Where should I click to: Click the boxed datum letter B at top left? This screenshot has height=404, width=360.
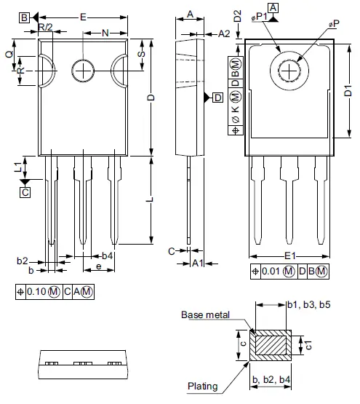pyautogui.click(x=24, y=17)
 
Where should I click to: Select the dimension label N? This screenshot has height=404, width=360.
pyautogui.click(x=106, y=33)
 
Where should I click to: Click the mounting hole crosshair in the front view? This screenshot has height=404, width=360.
pyautogui.click(x=84, y=71)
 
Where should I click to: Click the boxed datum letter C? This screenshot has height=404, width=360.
pyautogui.click(x=25, y=192)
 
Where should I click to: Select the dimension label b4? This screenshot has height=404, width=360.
pyautogui.click(x=107, y=256)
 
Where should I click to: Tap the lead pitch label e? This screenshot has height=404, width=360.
pyautogui.click(x=98, y=268)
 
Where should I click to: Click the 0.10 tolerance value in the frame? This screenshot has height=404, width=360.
pyautogui.click(x=37, y=292)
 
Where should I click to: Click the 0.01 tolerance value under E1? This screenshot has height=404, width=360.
pyautogui.click(x=271, y=272)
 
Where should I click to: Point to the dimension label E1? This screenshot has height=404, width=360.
pyautogui.click(x=289, y=256)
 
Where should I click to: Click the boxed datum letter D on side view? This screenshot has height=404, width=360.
pyautogui.click(x=217, y=98)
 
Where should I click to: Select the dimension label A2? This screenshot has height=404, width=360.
pyautogui.click(x=224, y=33)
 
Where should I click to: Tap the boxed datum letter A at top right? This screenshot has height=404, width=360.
pyautogui.click(x=273, y=8)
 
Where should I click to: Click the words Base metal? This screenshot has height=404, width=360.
pyautogui.click(x=206, y=314)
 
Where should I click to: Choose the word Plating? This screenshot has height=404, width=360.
pyautogui.click(x=203, y=386)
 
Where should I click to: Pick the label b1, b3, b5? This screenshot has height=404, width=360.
pyautogui.click(x=309, y=304)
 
